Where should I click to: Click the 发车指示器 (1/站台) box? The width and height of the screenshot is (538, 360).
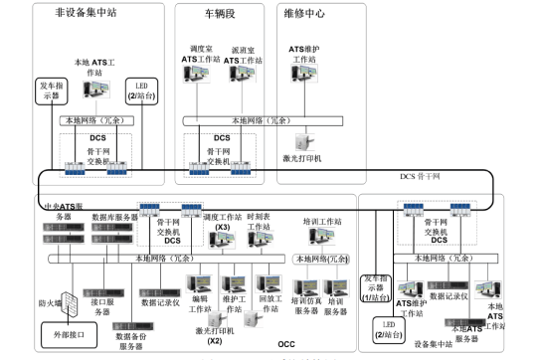(x=377, y=291)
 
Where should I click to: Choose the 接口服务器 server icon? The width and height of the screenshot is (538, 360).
(x=101, y=279)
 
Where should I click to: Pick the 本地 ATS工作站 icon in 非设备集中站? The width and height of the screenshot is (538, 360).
(x=96, y=91)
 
